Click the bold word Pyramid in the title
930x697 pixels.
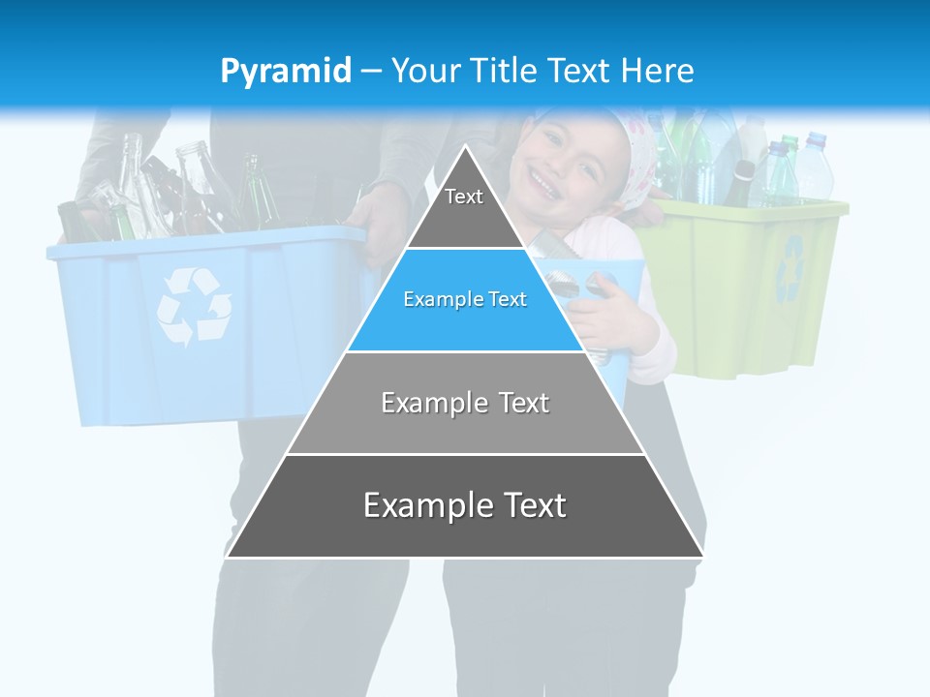pyautogui.click(x=286, y=72)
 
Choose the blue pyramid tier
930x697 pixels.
pyautogui.click(x=465, y=300)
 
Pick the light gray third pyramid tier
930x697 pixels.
pyautogui.click(x=465, y=403)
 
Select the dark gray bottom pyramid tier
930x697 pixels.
pyautogui.click(x=465, y=505)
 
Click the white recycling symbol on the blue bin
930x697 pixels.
pyautogui.click(x=194, y=307)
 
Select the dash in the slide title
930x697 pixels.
pyautogui.click(x=370, y=72)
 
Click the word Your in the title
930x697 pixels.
pyautogui.click(x=425, y=72)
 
